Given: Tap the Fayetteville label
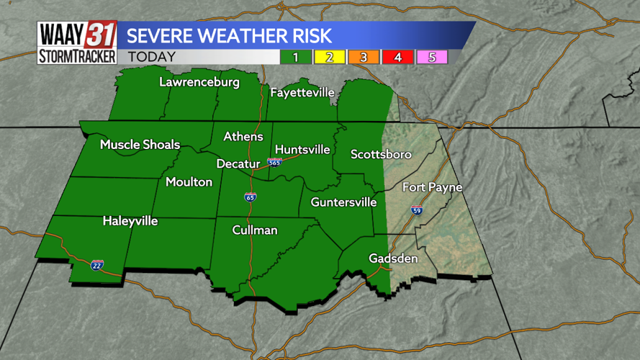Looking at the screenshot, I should click(x=302, y=92).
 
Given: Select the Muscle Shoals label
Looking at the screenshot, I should click(x=140, y=145).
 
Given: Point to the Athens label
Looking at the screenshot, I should click(x=243, y=136).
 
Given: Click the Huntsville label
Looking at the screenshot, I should click(x=302, y=149).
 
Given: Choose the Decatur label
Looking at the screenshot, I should click(x=238, y=163).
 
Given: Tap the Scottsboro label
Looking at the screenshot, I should click(x=381, y=154).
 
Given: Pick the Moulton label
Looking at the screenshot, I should click(x=189, y=181).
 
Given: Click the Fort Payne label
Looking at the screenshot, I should click(x=432, y=187).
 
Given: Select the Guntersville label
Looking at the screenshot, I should click(x=343, y=202).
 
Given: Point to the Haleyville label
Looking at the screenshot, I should click(x=130, y=220).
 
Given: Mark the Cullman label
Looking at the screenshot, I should click(x=255, y=230).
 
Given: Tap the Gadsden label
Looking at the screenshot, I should click(x=393, y=258).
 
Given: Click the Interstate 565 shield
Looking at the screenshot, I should click(x=274, y=163).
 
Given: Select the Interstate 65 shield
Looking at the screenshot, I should click(x=251, y=196).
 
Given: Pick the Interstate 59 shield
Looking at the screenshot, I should click(x=417, y=210).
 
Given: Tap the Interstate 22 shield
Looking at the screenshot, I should click(x=97, y=265).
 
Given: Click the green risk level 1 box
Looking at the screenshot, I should click(x=296, y=57).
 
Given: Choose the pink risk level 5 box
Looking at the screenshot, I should click(x=432, y=57).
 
